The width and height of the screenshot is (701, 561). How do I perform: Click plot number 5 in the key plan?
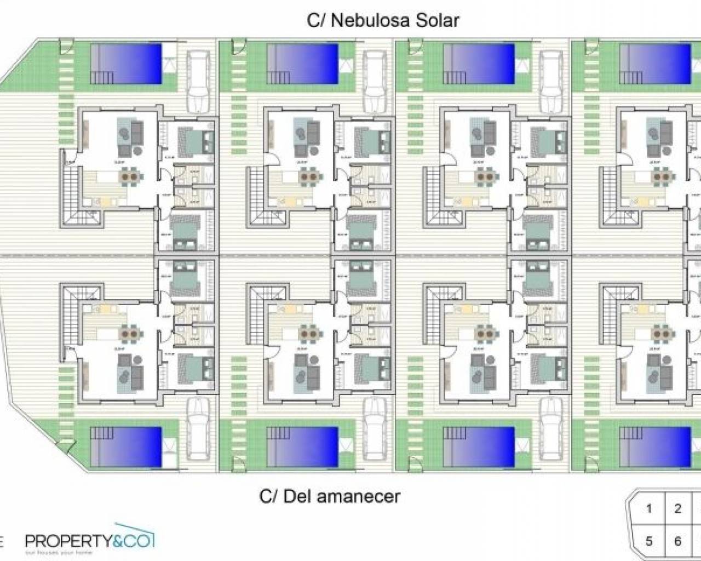point(649,541)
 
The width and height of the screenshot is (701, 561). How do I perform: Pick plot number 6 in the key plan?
point(678,541)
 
